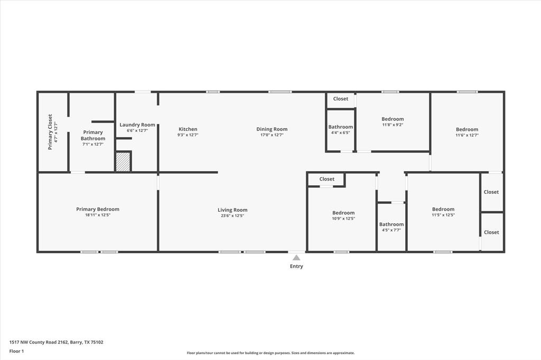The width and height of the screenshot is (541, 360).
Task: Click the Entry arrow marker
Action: (x=296, y=258)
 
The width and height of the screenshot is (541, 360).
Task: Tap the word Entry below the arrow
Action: (x=296, y=267)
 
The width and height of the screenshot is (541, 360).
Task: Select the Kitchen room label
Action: (x=188, y=129)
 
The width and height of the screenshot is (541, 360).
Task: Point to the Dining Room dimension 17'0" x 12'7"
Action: (x=272, y=135)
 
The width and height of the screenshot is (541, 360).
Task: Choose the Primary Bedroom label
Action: (x=98, y=210)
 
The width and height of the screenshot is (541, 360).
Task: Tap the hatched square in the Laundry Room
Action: (x=123, y=162)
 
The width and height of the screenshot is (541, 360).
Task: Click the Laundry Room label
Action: (x=137, y=125)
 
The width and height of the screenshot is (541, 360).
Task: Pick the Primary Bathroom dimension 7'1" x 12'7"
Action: (x=93, y=144)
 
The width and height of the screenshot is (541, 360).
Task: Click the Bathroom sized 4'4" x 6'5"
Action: (x=341, y=127)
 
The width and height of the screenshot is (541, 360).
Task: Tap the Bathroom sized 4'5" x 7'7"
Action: (x=391, y=224)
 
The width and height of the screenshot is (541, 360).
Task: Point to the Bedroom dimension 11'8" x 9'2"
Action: (x=393, y=125)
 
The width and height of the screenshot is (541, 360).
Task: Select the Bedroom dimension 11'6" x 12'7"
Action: (x=467, y=135)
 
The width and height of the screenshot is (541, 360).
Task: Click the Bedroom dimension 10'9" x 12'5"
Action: (x=343, y=219)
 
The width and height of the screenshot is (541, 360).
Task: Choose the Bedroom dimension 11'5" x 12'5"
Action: (x=443, y=215)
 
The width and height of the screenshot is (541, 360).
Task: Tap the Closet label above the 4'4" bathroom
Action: (x=341, y=99)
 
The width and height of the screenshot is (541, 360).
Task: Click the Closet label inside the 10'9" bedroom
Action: (x=327, y=179)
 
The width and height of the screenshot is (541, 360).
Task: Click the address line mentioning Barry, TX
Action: (x=57, y=342)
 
